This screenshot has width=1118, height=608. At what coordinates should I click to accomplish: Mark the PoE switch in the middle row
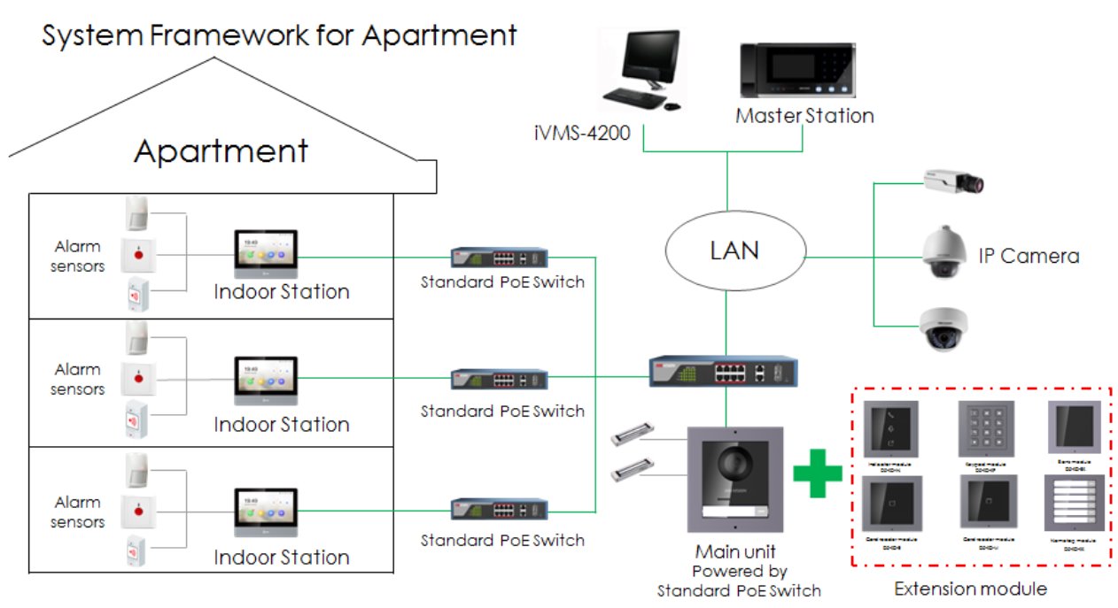click(499, 380)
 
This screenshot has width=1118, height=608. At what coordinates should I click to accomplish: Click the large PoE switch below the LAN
click(723, 371)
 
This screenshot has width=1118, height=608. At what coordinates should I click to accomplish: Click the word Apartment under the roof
click(221, 151)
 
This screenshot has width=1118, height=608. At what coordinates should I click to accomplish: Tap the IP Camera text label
click(1029, 257)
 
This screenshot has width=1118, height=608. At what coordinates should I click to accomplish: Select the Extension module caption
click(969, 589)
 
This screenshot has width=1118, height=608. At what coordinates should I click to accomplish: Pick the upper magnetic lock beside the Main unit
click(634, 435)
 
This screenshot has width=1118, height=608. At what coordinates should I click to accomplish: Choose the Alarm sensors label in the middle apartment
click(77, 380)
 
